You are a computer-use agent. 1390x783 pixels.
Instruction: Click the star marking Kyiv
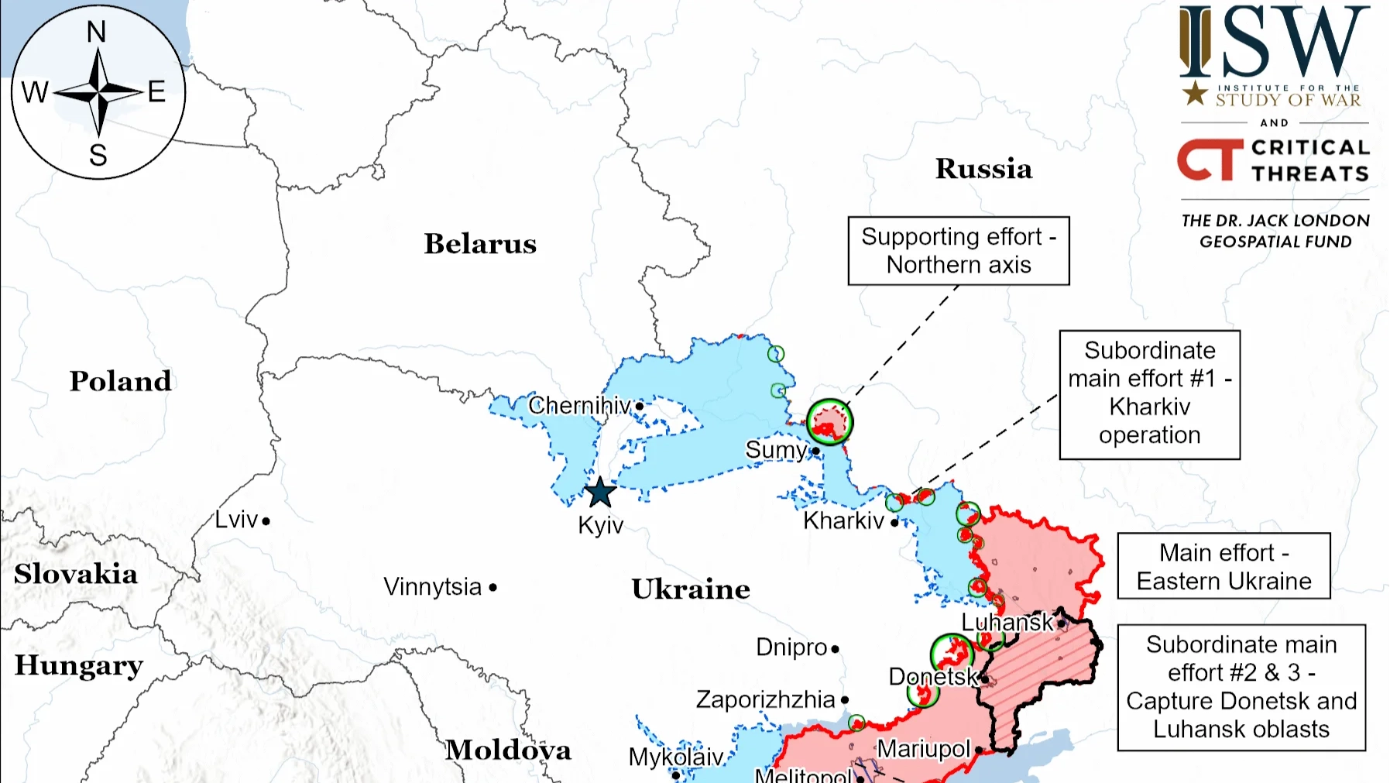coord(599,493)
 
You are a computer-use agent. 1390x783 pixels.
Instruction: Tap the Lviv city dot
coord(266,521)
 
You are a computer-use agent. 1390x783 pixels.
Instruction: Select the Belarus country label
coord(480,244)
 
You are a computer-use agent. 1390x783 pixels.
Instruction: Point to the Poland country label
coord(121,381)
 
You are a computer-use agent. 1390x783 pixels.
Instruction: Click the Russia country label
coord(983,169)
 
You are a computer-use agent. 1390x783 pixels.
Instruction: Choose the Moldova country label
coord(508,750)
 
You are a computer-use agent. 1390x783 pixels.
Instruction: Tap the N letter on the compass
coord(96,33)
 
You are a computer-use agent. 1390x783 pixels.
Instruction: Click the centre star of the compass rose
coord(98,93)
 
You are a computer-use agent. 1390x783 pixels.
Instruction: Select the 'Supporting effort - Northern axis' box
coord(959,251)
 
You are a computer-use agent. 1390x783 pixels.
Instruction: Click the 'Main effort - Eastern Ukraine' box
coord(1224,566)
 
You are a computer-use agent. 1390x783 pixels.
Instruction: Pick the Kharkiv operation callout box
coord(1149,394)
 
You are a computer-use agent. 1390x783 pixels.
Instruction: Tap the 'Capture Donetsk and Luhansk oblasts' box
coord(1241,687)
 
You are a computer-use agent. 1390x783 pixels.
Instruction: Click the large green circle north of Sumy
coord(829,422)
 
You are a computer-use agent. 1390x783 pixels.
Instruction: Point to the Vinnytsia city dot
coord(493,588)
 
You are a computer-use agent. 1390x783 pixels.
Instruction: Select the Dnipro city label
coord(791,647)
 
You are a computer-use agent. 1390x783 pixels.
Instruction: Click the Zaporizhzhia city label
coord(765,699)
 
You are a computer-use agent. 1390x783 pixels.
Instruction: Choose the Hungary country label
coord(79,665)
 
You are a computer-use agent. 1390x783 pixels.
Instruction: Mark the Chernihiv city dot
coord(640,406)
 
